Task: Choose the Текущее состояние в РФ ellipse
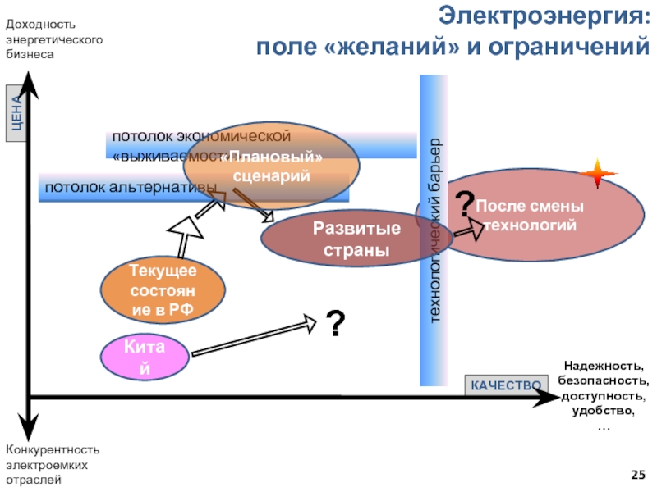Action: pyautogui.click(x=162, y=289)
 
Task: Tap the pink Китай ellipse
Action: pyautogui.click(x=145, y=358)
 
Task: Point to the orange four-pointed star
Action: pyautogui.click(x=599, y=173)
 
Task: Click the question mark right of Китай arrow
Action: pyautogui.click(x=334, y=325)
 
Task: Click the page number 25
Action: pyautogui.click(x=637, y=475)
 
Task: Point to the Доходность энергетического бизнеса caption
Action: pyautogui.click(x=54, y=39)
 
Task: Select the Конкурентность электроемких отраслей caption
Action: pyautogui.click(x=53, y=464)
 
